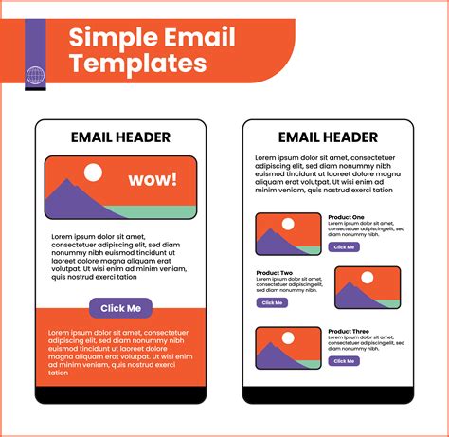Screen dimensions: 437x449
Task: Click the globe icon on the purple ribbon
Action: tap(35, 75)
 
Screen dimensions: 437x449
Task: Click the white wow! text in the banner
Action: tap(153, 180)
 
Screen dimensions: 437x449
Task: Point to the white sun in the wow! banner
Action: tap(93, 173)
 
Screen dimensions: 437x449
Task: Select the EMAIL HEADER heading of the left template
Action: tap(120, 137)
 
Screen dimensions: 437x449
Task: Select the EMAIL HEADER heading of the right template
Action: tap(328, 137)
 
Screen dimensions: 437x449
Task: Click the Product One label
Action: tap(346, 217)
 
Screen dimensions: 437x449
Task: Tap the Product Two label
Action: tap(275, 273)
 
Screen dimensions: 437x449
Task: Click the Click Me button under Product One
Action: tap(344, 246)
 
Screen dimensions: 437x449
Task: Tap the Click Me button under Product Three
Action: tap(344, 361)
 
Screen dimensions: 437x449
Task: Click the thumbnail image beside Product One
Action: tap(288, 234)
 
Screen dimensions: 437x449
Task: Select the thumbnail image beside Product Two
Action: tap(367, 288)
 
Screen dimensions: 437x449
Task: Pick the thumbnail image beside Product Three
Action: tap(288, 348)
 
